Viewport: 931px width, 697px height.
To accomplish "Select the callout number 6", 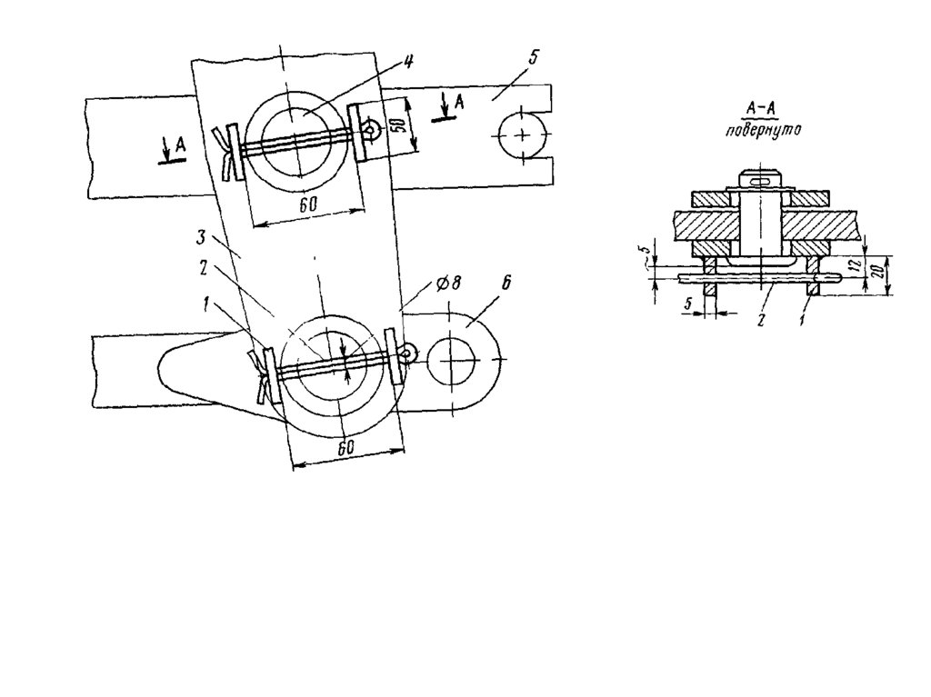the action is (505, 283).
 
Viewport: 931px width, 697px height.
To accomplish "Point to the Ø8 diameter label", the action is (447, 284).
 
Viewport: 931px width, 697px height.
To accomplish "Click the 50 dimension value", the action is (400, 124).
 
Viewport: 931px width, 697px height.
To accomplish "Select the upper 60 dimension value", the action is (307, 204).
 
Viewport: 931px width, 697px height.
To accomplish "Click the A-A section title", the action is (762, 109).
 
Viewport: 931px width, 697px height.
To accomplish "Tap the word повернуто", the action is (763, 130).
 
